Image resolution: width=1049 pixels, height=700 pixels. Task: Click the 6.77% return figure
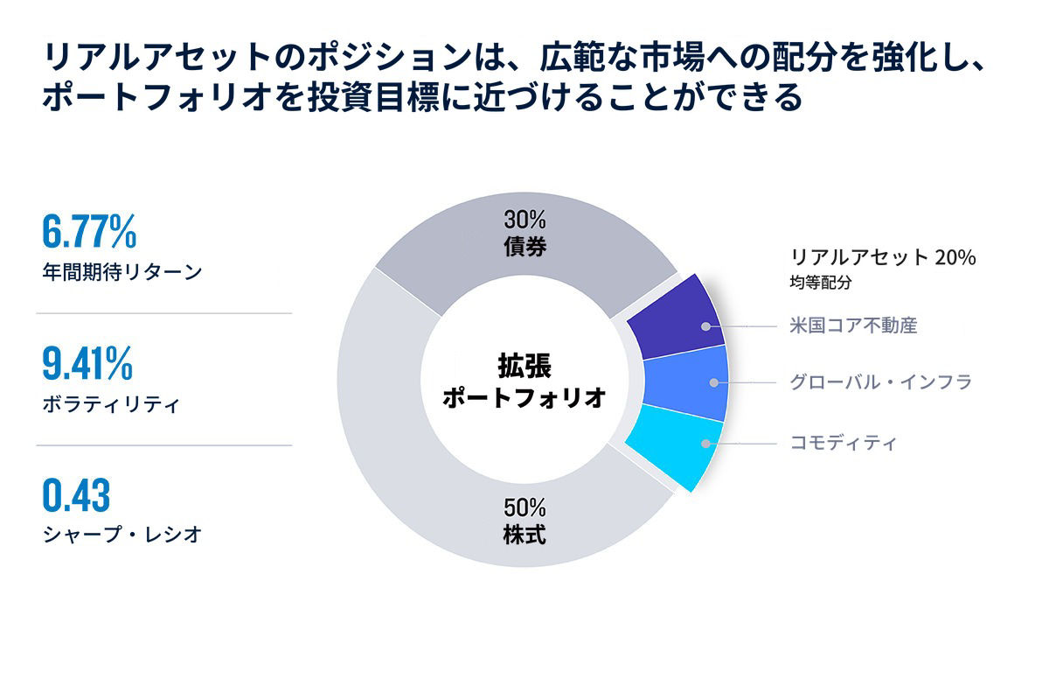pyautogui.click(x=89, y=231)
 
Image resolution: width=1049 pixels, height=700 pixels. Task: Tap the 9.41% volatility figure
pyautogui.click(x=87, y=363)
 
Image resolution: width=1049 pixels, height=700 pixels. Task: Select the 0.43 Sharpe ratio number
pyautogui.click(x=76, y=495)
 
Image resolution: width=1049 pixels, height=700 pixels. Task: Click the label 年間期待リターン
pyautogui.click(x=122, y=272)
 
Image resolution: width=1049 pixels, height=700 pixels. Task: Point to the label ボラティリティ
pyautogui.click(x=111, y=404)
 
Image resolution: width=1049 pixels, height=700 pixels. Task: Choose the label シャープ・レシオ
pyautogui.click(x=122, y=535)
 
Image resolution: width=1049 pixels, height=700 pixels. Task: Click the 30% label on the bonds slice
pyautogui.click(x=525, y=220)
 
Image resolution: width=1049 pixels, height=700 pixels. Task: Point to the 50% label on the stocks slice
pyautogui.click(x=525, y=507)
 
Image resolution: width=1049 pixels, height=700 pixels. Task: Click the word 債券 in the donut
pyautogui.click(x=525, y=246)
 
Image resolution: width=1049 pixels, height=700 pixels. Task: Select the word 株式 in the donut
pyautogui.click(x=525, y=535)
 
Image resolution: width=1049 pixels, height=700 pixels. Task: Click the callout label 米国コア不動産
pyautogui.click(x=853, y=325)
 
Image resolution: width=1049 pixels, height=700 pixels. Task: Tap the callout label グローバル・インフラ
pyautogui.click(x=881, y=382)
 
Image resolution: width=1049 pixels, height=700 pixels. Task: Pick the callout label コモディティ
pyautogui.click(x=843, y=443)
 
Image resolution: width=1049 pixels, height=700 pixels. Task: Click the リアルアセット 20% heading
pyautogui.click(x=883, y=257)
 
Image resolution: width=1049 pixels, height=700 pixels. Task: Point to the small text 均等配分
pyautogui.click(x=821, y=283)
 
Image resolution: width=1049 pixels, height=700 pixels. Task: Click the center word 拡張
pyautogui.click(x=524, y=366)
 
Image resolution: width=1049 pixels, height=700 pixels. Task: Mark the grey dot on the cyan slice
pyautogui.click(x=705, y=444)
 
